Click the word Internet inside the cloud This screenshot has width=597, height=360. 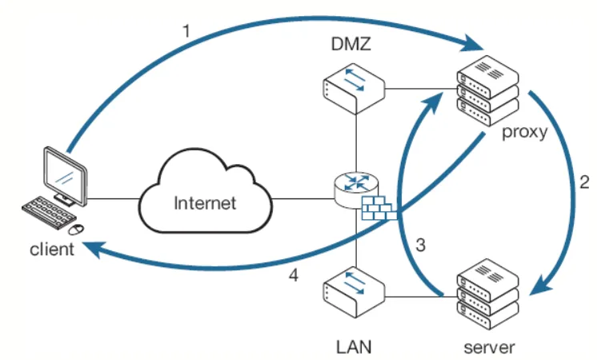[205, 202]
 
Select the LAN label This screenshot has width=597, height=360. [352, 347]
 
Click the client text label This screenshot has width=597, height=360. [52, 248]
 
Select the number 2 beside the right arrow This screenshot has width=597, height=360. [584, 182]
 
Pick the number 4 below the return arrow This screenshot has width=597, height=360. [294, 276]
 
